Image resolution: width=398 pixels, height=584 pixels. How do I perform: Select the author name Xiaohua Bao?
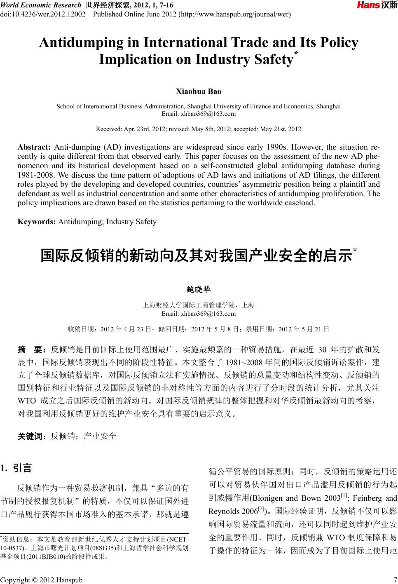(199, 91)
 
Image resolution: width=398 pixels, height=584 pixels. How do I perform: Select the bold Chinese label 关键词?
(31, 436)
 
